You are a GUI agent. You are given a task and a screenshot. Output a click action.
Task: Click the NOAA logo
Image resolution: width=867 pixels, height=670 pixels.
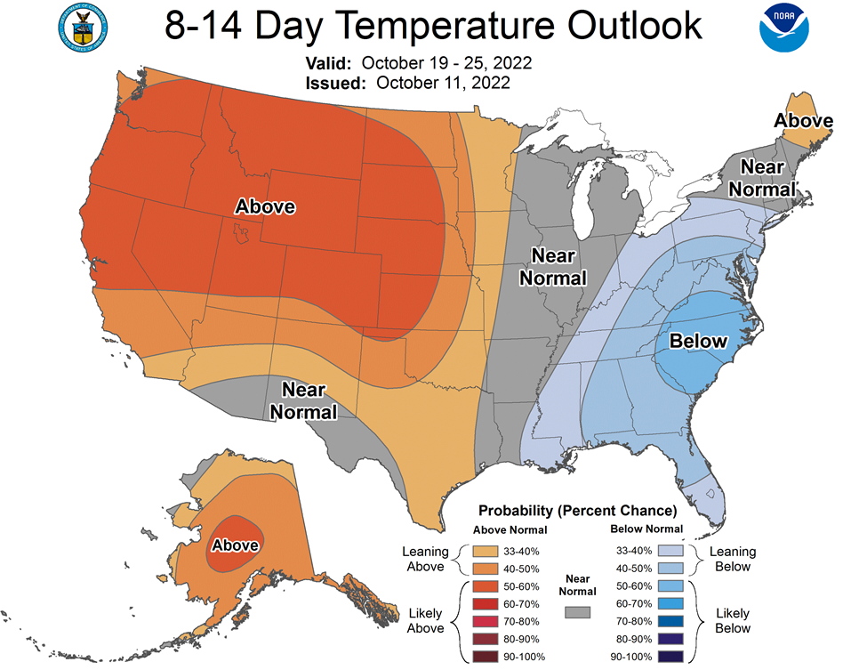pyautogui.click(x=783, y=28)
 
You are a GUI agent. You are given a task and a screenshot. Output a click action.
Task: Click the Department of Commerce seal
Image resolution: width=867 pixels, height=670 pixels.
pyautogui.click(x=83, y=28)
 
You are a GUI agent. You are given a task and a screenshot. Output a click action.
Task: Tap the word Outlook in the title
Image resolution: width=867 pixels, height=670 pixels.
pyautogui.click(x=634, y=25)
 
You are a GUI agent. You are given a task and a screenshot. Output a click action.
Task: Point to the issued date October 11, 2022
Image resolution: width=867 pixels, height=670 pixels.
pyautogui.click(x=443, y=83)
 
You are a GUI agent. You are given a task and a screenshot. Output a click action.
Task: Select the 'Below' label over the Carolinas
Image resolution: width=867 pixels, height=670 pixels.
pyautogui.click(x=698, y=341)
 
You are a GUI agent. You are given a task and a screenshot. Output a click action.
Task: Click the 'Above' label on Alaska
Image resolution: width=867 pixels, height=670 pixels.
pyautogui.click(x=235, y=545)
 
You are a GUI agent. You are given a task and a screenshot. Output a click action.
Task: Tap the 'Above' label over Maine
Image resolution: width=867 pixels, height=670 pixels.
pyautogui.click(x=803, y=121)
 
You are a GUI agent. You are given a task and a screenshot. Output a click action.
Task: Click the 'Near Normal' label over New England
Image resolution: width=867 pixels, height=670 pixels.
pyautogui.click(x=762, y=178)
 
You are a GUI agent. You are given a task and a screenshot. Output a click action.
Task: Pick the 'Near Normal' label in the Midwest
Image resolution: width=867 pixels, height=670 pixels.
pyautogui.click(x=553, y=267)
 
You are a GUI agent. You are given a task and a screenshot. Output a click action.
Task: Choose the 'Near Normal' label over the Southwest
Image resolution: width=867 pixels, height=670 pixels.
pyautogui.click(x=303, y=401)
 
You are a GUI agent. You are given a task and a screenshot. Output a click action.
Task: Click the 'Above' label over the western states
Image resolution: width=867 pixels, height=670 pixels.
pyautogui.click(x=265, y=206)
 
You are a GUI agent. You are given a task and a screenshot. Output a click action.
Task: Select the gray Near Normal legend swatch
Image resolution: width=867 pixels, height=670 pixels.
pyautogui.click(x=577, y=612)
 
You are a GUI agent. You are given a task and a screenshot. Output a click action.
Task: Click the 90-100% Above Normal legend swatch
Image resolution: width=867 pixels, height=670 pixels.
pyautogui.click(x=485, y=657)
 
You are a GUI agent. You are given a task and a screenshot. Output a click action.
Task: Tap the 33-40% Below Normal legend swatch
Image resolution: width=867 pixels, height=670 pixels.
pyautogui.click(x=670, y=551)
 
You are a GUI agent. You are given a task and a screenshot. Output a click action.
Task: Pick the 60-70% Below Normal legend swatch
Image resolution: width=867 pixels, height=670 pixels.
pyautogui.click(x=670, y=603)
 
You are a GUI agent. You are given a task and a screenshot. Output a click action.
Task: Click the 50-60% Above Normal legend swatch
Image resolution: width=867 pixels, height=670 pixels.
pyautogui.click(x=485, y=586)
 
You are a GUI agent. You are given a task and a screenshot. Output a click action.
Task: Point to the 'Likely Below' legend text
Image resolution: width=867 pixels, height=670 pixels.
pyautogui.click(x=733, y=621)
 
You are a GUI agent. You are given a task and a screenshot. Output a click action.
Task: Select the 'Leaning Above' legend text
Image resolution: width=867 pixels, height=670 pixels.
pyautogui.click(x=425, y=559)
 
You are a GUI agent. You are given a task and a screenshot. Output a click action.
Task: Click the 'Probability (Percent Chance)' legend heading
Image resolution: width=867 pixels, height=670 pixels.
pyautogui.click(x=577, y=511)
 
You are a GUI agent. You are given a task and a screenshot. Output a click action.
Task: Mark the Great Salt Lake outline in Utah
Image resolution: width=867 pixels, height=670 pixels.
pyautogui.click(x=240, y=233)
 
